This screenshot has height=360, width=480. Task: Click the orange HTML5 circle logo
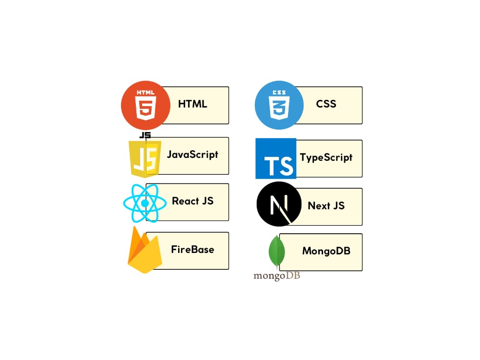[x=145, y=105]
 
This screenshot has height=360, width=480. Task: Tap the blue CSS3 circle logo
[x=279, y=105]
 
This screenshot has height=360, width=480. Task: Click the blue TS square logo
[x=276, y=158]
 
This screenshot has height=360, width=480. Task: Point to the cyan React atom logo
[x=145, y=203]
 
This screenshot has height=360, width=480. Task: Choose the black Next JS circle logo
[x=279, y=204]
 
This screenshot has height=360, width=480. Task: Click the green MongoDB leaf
[x=277, y=252]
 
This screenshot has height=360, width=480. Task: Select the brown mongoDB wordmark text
[x=277, y=276]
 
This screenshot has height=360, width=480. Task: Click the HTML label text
[x=192, y=104]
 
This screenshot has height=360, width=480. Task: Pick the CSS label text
[x=326, y=104]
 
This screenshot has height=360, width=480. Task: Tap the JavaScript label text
[x=192, y=155]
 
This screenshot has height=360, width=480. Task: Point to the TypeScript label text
[x=326, y=157]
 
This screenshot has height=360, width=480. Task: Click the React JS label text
[x=192, y=201]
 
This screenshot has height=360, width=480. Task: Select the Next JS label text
[x=326, y=206]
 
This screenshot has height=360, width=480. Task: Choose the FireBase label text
[x=192, y=250]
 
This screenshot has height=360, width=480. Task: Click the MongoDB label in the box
[x=326, y=251]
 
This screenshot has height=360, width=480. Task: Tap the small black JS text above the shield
[x=145, y=135]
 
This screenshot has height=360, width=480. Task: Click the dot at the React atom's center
[x=145, y=203]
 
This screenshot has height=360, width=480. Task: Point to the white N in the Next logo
[x=279, y=204]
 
